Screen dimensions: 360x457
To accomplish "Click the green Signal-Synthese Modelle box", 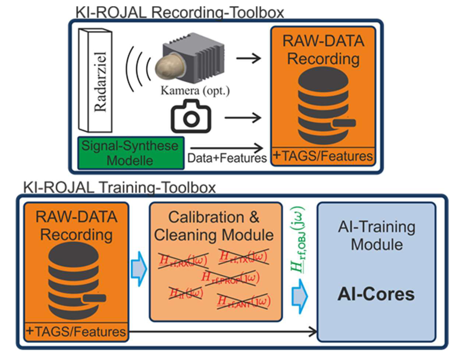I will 130,153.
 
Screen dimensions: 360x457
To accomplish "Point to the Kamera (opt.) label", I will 195,90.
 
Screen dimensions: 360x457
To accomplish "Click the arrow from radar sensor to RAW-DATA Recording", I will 248,58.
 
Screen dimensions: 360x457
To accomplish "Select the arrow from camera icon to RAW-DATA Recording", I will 243,117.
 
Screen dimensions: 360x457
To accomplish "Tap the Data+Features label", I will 227,158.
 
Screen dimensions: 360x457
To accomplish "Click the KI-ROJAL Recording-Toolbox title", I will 179,12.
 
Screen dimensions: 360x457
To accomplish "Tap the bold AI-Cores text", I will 376,294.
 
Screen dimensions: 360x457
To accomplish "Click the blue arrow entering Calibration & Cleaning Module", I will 139,269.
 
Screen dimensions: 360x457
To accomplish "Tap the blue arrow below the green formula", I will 300,296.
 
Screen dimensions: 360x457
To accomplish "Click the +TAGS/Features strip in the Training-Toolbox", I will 76,332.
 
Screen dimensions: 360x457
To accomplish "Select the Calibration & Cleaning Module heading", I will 214,226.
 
